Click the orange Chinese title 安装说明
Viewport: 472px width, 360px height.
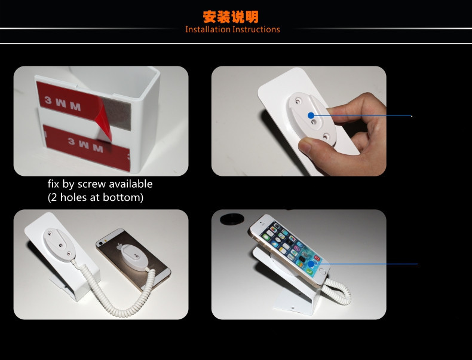point(231,17)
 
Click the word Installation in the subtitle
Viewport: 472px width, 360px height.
point(208,29)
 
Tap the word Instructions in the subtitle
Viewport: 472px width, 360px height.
point(256,29)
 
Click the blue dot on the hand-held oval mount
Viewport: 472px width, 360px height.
point(311,115)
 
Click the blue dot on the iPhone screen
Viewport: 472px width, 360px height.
point(311,264)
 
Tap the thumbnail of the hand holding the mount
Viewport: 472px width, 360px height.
point(299,121)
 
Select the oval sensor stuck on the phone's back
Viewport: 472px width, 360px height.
point(135,258)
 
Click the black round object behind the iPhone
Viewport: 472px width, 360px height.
point(232,219)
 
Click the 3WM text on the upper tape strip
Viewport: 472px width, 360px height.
point(63,103)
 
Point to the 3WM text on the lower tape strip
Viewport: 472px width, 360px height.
point(85,145)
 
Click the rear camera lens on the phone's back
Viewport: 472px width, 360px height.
point(100,243)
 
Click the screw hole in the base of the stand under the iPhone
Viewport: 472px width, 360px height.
point(293,308)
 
